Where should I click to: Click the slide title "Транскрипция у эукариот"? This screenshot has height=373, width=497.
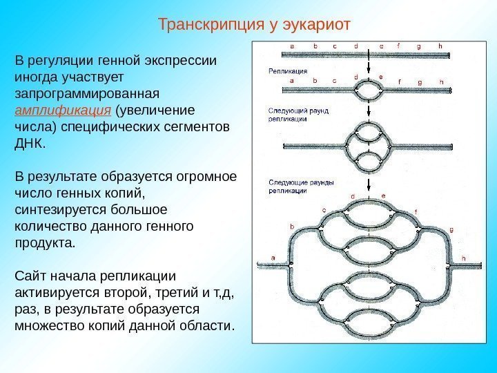[255, 25]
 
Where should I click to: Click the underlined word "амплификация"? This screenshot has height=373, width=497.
[63, 111]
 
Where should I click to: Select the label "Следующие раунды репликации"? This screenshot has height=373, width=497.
[291, 185]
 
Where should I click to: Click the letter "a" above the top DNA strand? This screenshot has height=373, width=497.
[292, 46]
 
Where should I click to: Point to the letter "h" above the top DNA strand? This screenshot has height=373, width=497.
[440, 46]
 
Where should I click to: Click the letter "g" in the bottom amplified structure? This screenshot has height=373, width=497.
[451, 229]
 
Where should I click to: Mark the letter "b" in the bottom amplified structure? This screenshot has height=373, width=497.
[292, 227]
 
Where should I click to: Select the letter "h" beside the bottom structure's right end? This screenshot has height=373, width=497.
[463, 258]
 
